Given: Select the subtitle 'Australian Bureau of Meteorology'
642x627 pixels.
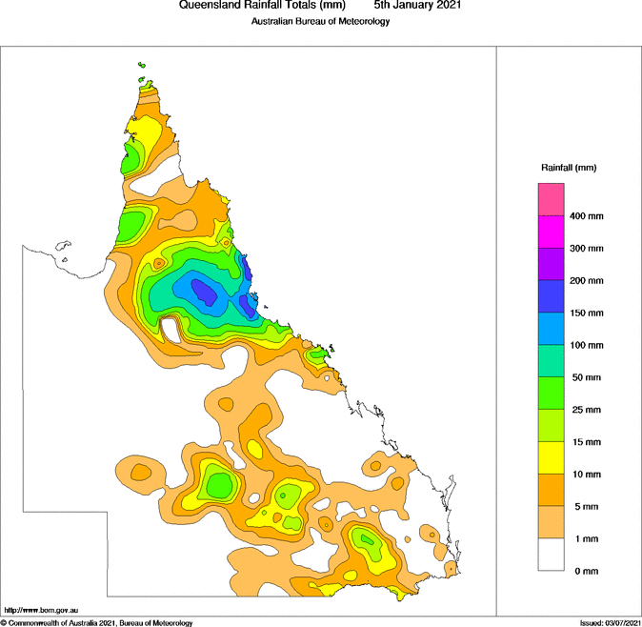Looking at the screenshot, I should tap(320, 21).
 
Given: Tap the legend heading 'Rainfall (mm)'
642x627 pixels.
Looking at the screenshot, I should tap(569, 168).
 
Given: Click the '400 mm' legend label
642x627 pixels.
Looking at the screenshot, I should tap(587, 216).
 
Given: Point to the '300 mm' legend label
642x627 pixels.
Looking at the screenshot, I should tap(587, 249).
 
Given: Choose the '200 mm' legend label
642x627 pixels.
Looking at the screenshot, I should tap(587, 281).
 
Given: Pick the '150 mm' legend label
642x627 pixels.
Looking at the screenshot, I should tap(587, 313).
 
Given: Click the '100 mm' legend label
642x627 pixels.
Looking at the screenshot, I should tap(587, 346).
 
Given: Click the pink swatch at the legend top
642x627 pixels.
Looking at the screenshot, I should tap(552, 199).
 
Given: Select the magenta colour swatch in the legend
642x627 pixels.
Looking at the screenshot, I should tap(552, 232).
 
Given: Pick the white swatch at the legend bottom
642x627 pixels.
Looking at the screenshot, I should tap(552, 555).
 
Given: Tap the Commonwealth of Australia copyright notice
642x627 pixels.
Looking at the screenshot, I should tap(98, 622).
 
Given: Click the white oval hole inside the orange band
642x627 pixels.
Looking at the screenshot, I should tap(171, 329).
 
